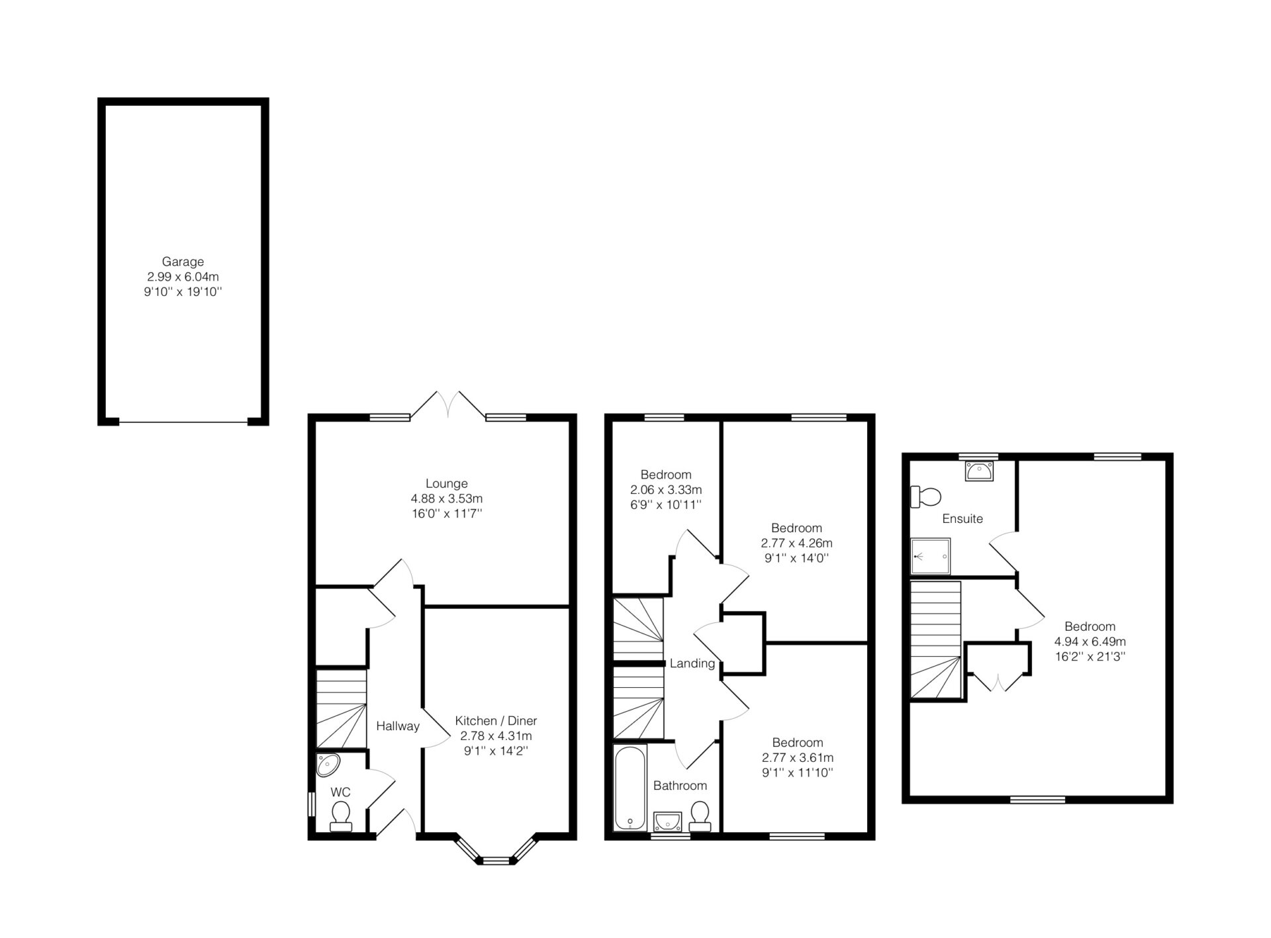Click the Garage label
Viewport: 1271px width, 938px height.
[183, 261]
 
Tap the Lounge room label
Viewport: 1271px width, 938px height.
[446, 483]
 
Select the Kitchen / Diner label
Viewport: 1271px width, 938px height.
[496, 721]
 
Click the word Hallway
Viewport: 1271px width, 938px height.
[398, 726]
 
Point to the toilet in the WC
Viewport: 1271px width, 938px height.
[341, 816]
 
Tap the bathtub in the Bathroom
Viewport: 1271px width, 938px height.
[630, 788]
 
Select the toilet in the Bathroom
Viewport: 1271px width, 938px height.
[700, 816]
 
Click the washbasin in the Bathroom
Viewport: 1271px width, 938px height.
[667, 821]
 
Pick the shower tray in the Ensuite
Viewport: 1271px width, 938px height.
[931, 556]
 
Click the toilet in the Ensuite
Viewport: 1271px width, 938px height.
[926, 496]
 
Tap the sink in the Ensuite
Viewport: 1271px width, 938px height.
[979, 471]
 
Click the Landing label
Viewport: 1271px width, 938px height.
[692, 663]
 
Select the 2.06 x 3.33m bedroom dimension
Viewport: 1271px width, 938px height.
[666, 490]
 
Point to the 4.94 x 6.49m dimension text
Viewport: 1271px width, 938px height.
[1090, 641]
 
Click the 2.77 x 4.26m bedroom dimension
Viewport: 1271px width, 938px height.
[796, 543]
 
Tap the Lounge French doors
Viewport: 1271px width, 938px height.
[448, 404]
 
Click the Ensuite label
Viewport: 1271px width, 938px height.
[963, 519]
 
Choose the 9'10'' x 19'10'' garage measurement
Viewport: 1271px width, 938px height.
[183, 292]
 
